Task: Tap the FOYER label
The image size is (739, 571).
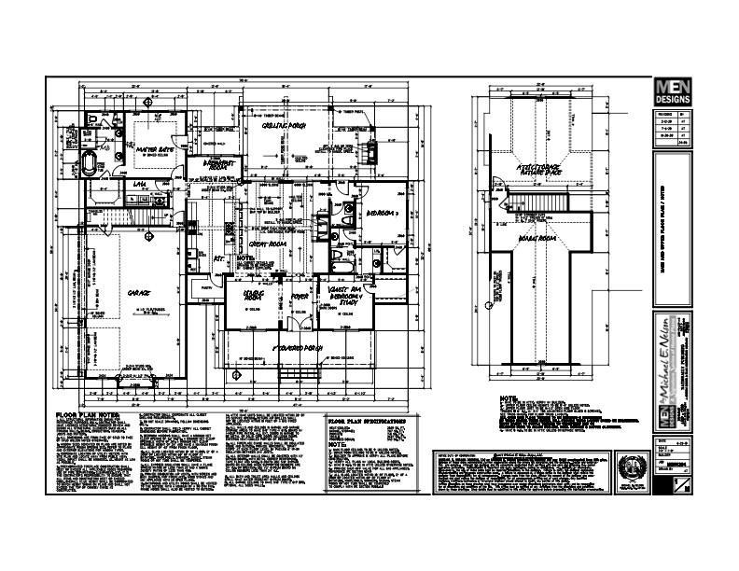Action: coord(300,298)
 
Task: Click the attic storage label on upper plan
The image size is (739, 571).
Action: coord(539,169)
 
